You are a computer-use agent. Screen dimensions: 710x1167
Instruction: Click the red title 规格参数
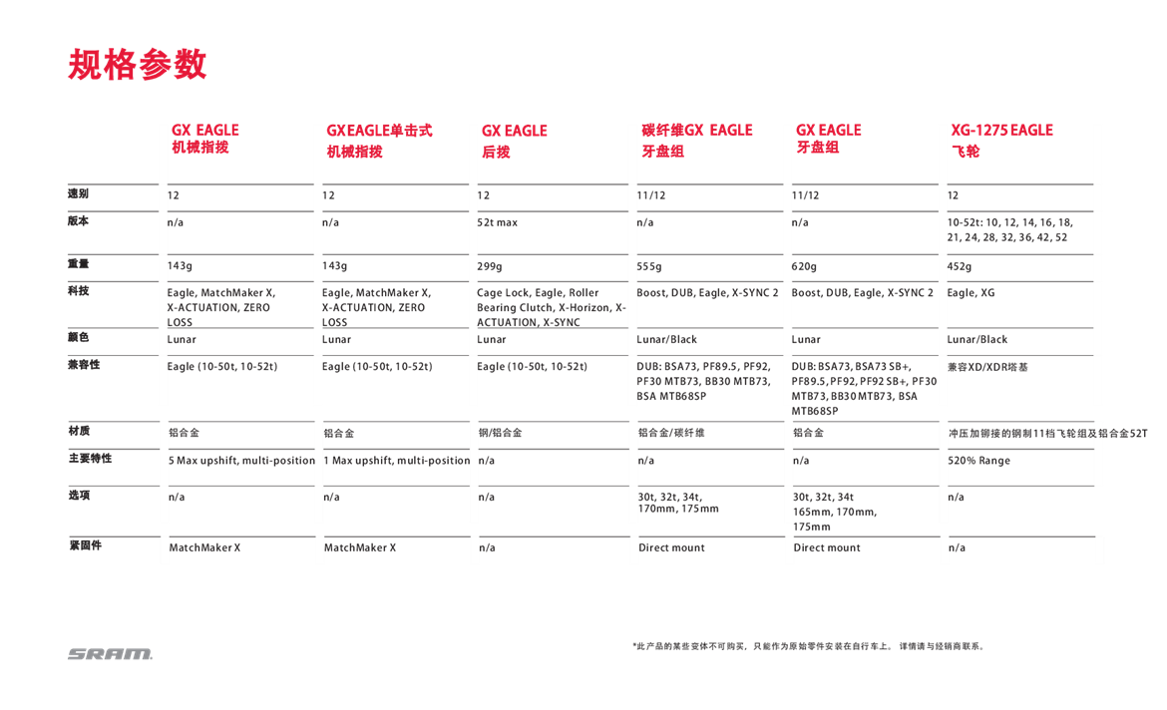tap(137, 64)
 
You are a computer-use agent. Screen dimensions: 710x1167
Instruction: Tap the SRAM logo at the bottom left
tap(110, 654)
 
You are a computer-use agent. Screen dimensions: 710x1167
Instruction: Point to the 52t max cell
tap(499, 222)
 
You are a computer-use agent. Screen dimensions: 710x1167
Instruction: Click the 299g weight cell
tap(490, 266)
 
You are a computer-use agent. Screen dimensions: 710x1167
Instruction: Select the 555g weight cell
tap(650, 266)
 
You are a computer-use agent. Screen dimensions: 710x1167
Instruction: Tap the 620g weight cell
tap(805, 266)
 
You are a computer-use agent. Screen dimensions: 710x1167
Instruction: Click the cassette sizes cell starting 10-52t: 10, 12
tap(1010, 230)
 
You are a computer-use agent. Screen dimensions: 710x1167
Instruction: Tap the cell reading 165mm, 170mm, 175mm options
tap(835, 512)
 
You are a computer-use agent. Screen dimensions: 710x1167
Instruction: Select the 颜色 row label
tap(78, 337)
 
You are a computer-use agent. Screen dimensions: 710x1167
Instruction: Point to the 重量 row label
tap(78, 264)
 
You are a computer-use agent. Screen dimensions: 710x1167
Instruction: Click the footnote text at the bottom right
tap(808, 646)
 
